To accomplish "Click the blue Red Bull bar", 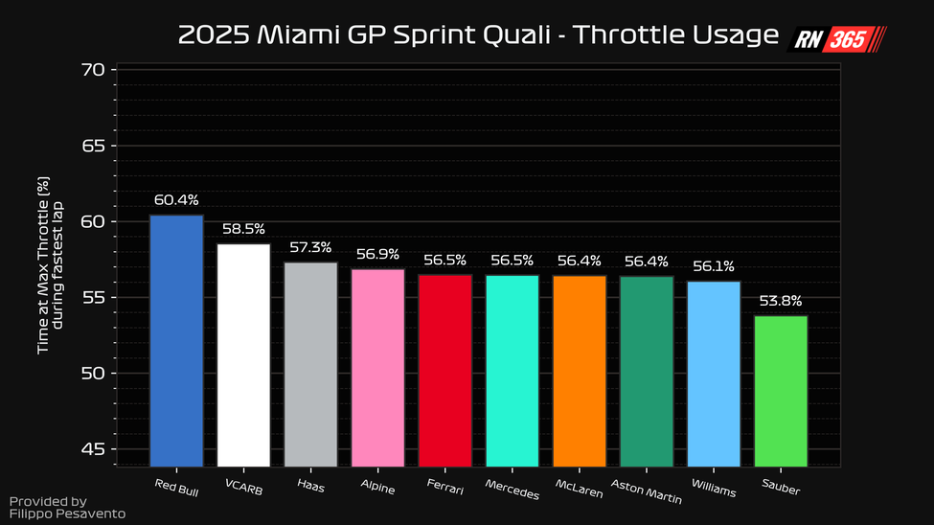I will click(176, 340).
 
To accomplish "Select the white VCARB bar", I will click(243, 354).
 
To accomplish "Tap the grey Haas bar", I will click(310, 364).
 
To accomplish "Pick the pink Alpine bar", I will click(377, 367).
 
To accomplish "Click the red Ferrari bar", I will click(444, 370).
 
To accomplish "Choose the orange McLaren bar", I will click(579, 370).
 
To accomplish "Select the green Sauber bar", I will click(781, 390).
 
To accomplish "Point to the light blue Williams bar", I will click(714, 373).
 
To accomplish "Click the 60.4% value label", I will click(176, 200).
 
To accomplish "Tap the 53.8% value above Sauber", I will click(781, 301).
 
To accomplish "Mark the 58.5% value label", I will click(243, 230).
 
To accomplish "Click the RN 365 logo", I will click(837, 39).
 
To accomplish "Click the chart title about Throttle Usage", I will click(478, 35).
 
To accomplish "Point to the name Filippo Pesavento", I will click(67, 514).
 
